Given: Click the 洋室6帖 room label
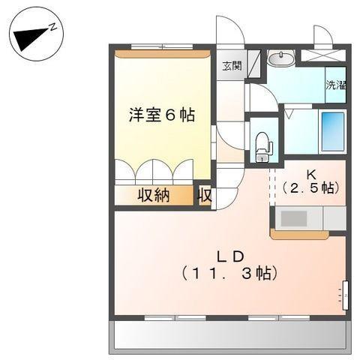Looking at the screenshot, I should pos(161,115).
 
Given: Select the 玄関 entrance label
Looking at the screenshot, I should pos(231,65).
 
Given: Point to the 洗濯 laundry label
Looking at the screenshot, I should pos(335,85).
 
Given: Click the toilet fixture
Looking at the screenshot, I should pos(262,143).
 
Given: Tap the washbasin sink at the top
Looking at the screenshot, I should pos(282,58).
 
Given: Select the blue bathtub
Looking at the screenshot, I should pos(332,132).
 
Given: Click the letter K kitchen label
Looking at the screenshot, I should pos(309,173).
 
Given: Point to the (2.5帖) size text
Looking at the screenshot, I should pos(309,188).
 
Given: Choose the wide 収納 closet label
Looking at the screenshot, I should pos(153,196).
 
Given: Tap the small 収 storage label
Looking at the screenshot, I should pos(204,196).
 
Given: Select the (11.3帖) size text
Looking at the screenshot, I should pos(229,272).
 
